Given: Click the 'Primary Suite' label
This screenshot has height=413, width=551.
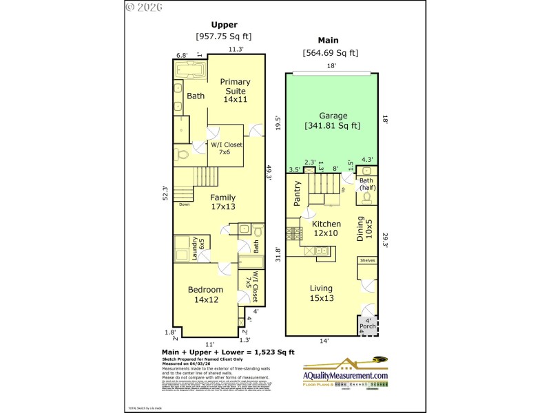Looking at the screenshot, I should click(235, 90).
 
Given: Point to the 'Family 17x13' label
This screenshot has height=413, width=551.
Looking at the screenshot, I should click(222, 202).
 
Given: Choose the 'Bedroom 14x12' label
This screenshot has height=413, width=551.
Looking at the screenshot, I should click(205, 294).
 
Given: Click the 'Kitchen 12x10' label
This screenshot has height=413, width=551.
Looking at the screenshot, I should click(326, 229).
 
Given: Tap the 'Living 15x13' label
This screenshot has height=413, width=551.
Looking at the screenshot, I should click(321, 293).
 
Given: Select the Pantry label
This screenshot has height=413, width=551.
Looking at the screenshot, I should click(298, 193).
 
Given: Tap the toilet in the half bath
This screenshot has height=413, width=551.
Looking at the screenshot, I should click(366, 198).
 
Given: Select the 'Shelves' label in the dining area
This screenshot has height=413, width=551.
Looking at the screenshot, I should click(366, 261).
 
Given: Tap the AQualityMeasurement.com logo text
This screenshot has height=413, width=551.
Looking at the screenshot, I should click(346, 375).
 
